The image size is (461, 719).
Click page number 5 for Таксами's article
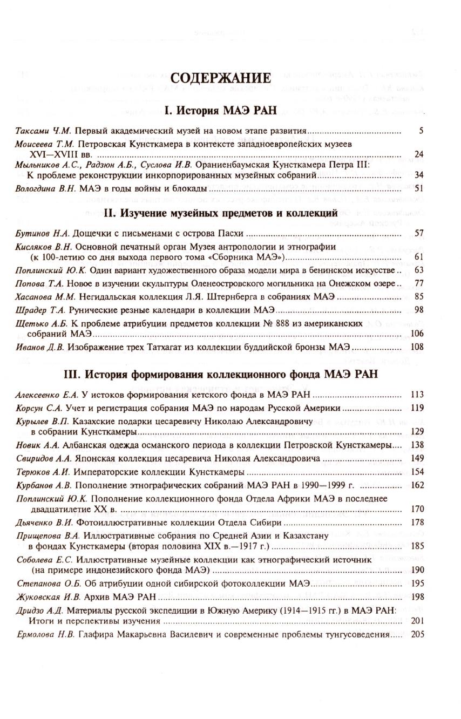(421, 131)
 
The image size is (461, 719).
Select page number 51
(418, 188)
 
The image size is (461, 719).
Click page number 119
(417, 408)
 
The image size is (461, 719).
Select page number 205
(417, 635)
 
